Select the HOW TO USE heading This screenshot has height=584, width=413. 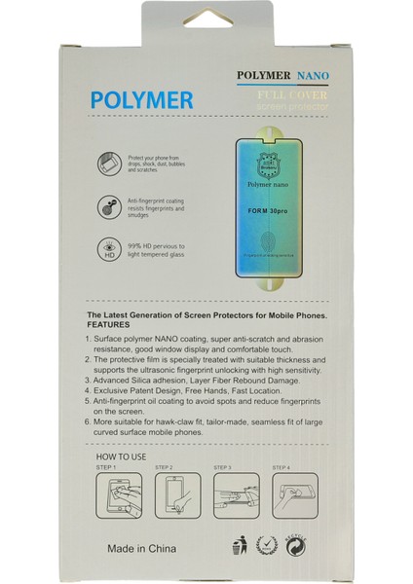124,456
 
